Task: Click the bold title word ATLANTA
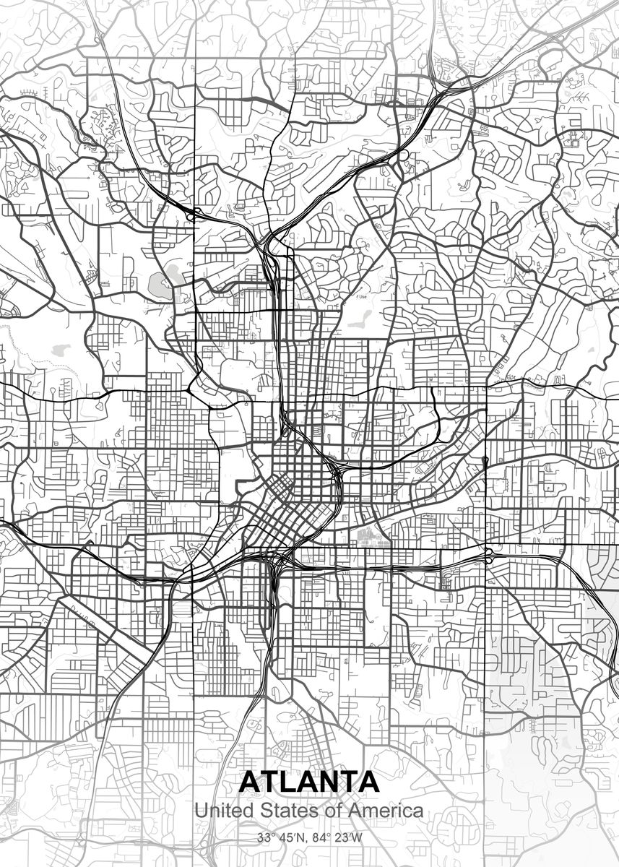click(x=308, y=781)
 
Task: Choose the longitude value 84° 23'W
click(x=334, y=839)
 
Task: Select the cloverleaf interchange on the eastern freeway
click(x=488, y=555)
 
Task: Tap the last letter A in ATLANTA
click(x=368, y=781)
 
